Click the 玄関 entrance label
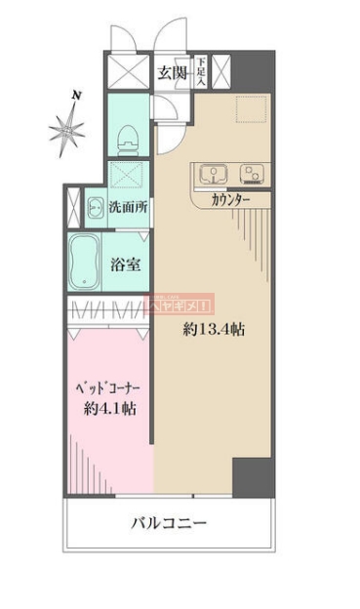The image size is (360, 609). click(x=174, y=72)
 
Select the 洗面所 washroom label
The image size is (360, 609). click(x=128, y=207)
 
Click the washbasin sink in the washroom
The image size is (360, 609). click(x=96, y=207)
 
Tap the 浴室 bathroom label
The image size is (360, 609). click(x=124, y=263)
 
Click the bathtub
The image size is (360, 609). click(x=86, y=263)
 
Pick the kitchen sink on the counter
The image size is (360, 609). click(x=212, y=176)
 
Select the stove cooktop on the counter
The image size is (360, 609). click(x=251, y=176)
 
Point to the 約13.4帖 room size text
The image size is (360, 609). click(x=213, y=330)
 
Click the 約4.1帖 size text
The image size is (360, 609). click(x=107, y=409)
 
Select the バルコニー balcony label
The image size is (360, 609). click(x=169, y=524)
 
